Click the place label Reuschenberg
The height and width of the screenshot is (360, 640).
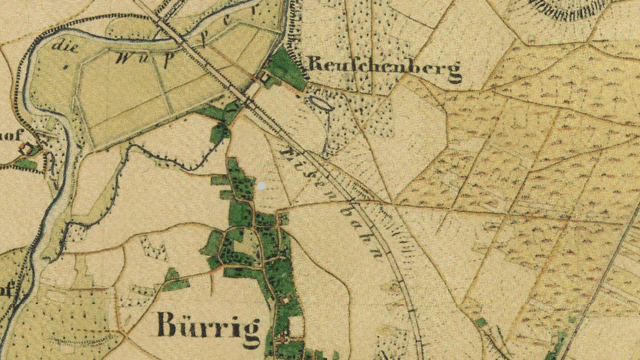tap(384, 68)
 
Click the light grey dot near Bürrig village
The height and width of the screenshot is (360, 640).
tap(262, 186)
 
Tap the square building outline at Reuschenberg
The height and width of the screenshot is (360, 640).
tap(265, 77)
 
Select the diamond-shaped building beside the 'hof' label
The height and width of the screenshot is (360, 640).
tap(26, 149)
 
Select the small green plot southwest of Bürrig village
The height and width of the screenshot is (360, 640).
tap(174, 280)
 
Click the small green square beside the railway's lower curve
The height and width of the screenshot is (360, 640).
tap(480, 322)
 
